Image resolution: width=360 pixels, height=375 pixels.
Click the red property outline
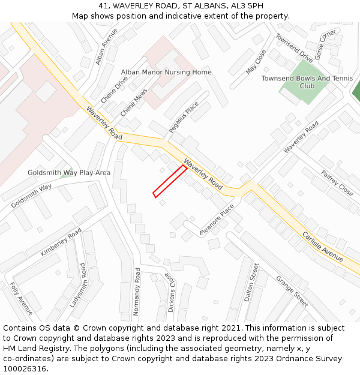(x=170, y=181)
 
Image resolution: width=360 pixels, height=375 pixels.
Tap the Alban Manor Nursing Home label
(x=166, y=72)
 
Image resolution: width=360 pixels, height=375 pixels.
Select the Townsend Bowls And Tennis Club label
(x=307, y=82)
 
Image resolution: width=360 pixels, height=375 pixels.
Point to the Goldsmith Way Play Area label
(x=69, y=173)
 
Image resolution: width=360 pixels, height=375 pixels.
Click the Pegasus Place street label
(x=184, y=117)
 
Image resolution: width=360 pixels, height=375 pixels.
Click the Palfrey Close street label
(x=337, y=183)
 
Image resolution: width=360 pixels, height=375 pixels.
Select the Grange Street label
(x=292, y=291)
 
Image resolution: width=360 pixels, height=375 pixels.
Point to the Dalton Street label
(x=251, y=282)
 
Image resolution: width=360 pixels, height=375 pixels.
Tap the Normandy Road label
(x=137, y=292)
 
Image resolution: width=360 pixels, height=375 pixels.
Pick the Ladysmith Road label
(x=78, y=286)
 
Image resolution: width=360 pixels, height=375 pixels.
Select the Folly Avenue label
(x=21, y=298)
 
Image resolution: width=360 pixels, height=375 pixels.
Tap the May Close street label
(x=256, y=61)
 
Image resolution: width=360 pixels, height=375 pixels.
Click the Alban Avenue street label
(x=106, y=47)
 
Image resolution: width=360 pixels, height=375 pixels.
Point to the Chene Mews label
(x=133, y=103)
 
